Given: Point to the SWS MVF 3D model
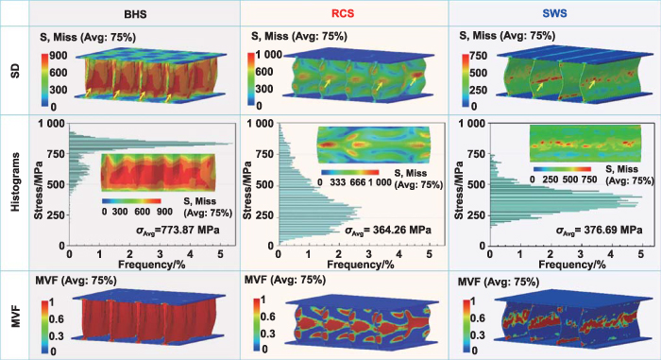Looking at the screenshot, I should click(x=567, y=321).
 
